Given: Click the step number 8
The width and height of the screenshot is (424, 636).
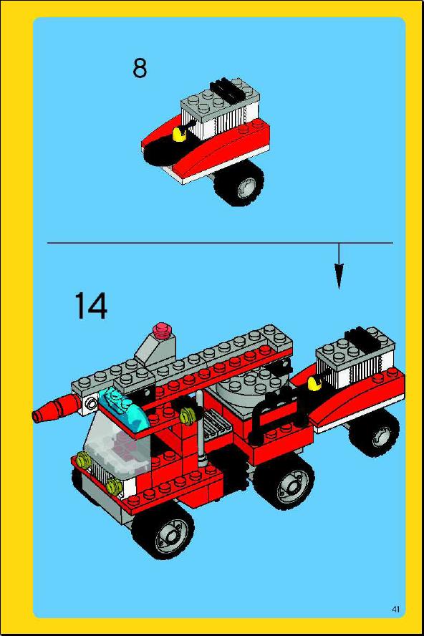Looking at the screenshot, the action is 140,68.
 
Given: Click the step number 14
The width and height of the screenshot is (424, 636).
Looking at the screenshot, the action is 91,305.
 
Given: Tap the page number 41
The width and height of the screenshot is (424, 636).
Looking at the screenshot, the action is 395,609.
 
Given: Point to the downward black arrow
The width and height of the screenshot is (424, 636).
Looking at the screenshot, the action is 339,266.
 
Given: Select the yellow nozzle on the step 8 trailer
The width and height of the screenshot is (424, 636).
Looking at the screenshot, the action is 178,133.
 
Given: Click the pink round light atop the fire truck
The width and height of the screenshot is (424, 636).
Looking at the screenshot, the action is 162,329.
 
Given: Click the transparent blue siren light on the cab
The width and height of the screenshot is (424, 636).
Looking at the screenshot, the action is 120,407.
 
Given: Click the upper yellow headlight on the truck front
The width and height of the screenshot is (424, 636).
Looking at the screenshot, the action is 83,460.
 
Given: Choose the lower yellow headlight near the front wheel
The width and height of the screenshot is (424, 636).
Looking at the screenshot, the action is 115,484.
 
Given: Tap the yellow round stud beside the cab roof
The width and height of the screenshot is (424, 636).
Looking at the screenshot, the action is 188,415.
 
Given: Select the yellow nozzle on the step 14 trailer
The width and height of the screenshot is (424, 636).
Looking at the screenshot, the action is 314,383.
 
